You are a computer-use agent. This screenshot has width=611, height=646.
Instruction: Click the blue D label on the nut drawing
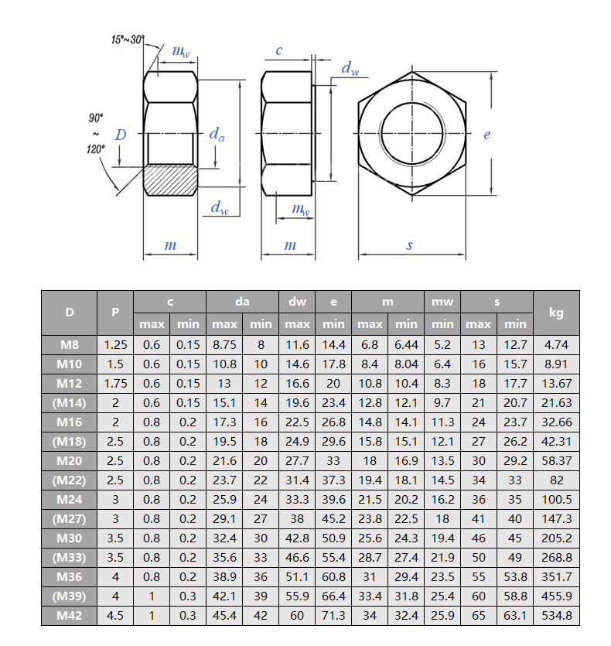coord(121,135)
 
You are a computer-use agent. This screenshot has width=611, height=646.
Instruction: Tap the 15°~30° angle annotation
coord(128,39)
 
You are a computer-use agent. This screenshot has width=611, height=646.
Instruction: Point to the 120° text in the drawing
coord(96,149)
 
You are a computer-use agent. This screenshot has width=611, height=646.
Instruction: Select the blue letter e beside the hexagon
coord(487,135)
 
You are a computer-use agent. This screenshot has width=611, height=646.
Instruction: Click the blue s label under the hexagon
coord(409,245)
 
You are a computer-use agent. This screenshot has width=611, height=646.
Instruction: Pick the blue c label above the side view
coord(279,50)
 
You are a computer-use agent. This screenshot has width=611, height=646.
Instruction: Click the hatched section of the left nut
coord(171,180)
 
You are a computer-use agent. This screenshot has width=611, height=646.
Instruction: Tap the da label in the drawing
coord(217,134)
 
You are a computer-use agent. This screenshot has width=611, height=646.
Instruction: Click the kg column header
coord(556,313)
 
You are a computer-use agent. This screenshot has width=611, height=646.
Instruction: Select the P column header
coord(115,313)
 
